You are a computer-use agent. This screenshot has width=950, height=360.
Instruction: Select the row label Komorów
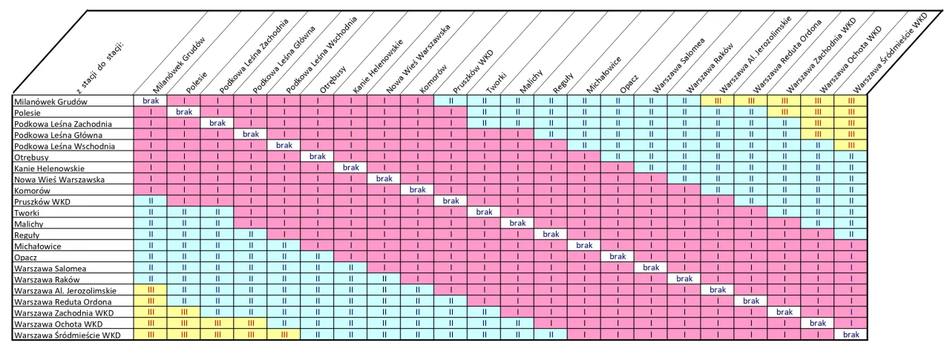point(33,190)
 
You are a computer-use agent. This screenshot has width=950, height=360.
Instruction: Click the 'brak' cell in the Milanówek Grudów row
point(150,100)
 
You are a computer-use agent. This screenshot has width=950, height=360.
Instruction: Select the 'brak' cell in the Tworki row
point(484,212)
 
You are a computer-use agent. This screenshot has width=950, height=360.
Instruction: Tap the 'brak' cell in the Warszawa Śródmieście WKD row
point(851,336)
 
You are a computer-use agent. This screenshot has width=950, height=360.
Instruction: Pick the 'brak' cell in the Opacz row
point(617,257)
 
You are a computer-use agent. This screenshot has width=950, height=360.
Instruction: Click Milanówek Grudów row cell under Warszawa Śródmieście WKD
point(851,100)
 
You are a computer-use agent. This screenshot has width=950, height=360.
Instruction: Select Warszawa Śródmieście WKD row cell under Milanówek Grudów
point(150,336)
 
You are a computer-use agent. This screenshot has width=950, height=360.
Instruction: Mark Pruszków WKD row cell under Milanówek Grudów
point(150,201)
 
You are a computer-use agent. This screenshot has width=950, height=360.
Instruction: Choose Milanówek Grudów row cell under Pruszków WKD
point(451,100)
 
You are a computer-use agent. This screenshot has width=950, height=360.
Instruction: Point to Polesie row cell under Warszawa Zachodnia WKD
point(784,111)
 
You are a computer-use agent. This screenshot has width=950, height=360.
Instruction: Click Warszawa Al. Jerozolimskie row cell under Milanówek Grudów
point(150,290)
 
